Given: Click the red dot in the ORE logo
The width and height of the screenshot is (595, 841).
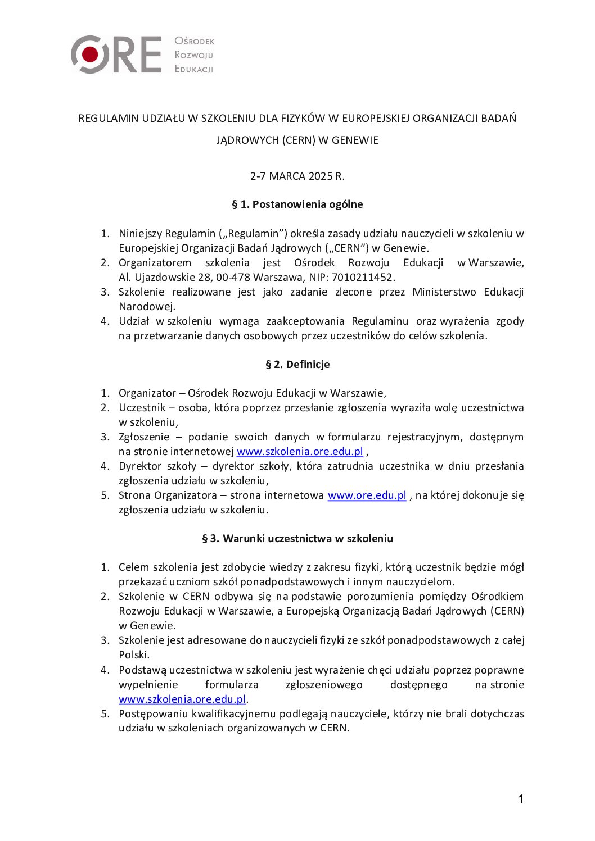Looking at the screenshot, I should click(x=90, y=54).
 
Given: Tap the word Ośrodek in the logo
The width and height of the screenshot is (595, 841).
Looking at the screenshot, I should click(x=195, y=41).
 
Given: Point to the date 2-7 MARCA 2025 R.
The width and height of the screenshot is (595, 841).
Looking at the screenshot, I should click(x=297, y=176).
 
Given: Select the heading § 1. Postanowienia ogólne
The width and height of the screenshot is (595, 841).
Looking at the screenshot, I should click(x=297, y=204).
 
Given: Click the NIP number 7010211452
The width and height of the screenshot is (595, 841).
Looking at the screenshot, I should click(x=363, y=277).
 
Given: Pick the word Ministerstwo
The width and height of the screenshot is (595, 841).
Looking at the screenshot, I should click(x=445, y=292).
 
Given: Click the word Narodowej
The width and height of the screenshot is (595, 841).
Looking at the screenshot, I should click(x=147, y=306).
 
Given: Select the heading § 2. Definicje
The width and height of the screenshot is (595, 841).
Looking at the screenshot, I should click(x=297, y=364).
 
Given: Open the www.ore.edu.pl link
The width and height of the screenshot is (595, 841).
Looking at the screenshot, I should click(x=367, y=495).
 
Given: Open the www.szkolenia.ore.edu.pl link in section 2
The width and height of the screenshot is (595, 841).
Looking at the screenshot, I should click(x=300, y=451).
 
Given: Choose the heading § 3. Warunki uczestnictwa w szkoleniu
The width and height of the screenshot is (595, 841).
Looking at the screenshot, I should click(x=297, y=538).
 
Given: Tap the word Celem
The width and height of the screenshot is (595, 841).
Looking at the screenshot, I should click(x=134, y=567).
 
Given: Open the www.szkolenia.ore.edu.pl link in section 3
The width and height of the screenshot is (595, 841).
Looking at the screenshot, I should click(x=182, y=699).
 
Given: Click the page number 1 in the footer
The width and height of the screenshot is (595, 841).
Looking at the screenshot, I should click(x=521, y=798).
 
